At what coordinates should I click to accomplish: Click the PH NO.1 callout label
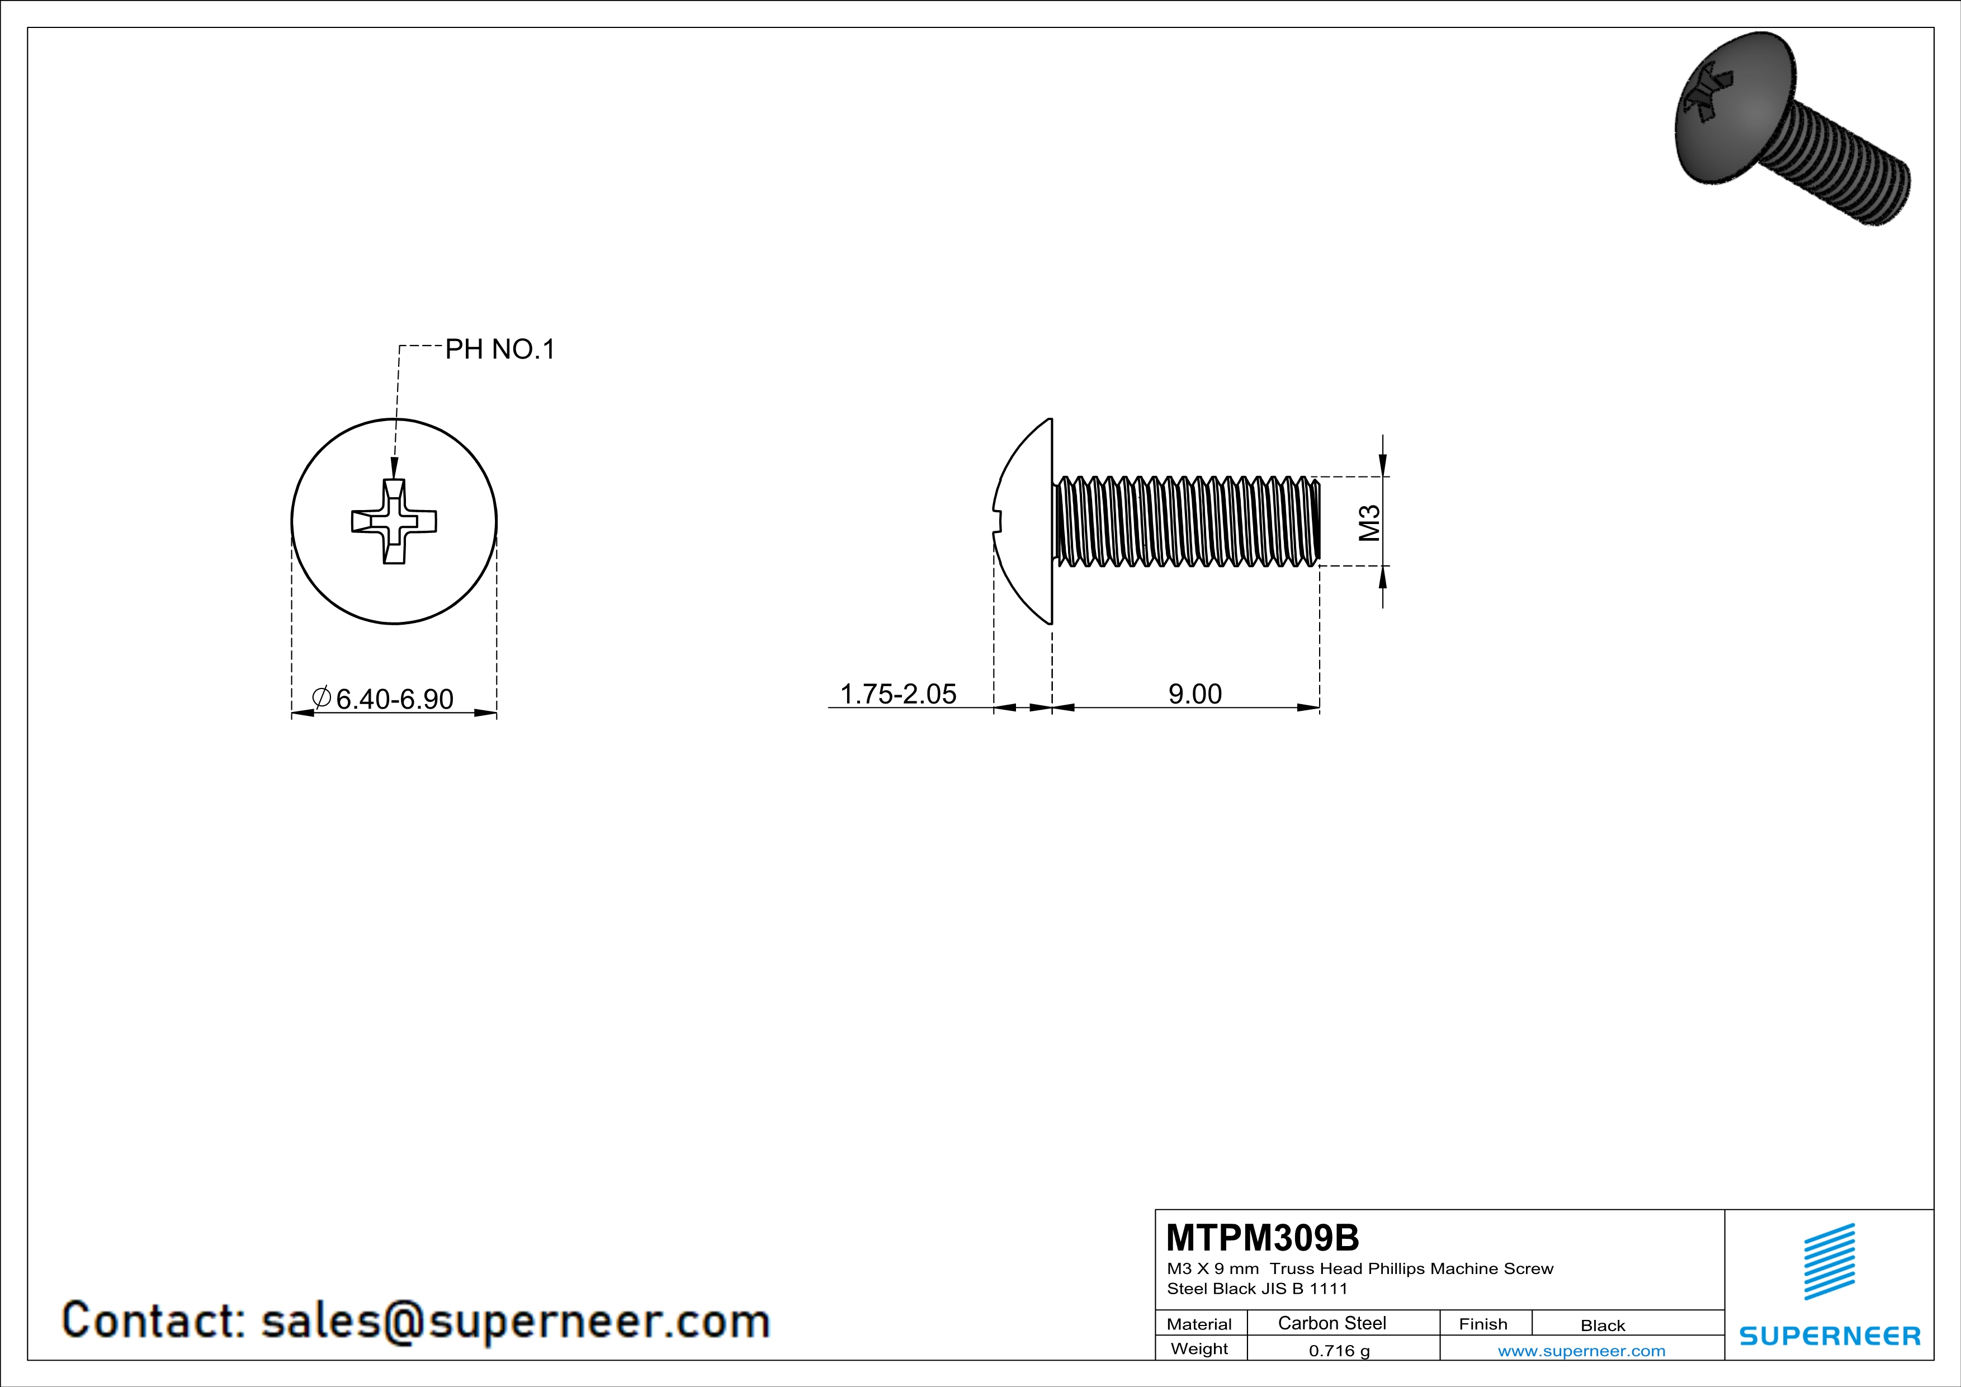(500, 350)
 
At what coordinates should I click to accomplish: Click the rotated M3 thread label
(1368, 523)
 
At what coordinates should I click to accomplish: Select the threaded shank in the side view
(1187, 521)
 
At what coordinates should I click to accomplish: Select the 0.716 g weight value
(1339, 1350)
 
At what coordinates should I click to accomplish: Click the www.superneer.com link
(1581, 1350)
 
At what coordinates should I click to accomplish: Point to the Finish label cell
(1483, 1324)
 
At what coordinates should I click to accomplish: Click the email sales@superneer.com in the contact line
(515, 1320)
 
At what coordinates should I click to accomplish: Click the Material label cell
(1199, 1324)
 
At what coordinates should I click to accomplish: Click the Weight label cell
(1199, 1348)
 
